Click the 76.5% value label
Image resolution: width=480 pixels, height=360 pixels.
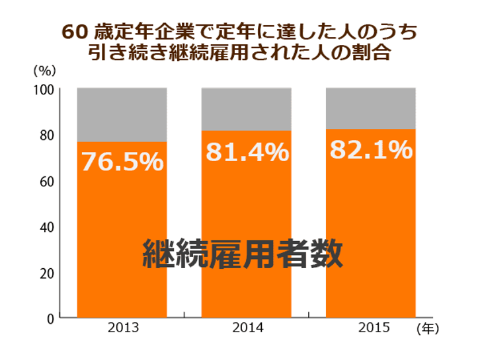pos(122,161)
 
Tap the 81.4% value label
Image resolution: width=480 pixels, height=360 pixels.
pos(247,152)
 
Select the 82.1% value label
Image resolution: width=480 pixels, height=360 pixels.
pos(372,149)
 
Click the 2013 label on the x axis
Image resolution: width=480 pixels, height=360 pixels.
pos(124,328)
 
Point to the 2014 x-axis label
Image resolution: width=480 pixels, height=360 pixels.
pos(248,328)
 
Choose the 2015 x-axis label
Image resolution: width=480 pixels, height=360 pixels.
pos(374,328)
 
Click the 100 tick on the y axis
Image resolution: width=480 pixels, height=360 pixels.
pos(44,90)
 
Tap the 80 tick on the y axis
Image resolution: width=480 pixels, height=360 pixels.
pos(47,135)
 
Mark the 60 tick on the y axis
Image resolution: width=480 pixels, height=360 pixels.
pos(47,182)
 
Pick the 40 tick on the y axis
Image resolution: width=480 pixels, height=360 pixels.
pos(47,227)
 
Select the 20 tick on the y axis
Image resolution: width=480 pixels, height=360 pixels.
pos(47,273)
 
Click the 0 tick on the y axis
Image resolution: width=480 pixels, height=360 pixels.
pos(50,319)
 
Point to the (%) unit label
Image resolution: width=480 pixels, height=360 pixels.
pos(45,71)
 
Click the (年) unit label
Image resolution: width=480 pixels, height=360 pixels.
pos(428,329)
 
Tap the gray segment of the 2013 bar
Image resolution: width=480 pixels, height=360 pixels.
pos(122,115)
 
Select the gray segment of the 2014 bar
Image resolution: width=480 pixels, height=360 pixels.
pos(246,110)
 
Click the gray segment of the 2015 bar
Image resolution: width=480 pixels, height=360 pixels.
pos(371,108)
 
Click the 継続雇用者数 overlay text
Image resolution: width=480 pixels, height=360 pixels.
pos(243,254)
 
